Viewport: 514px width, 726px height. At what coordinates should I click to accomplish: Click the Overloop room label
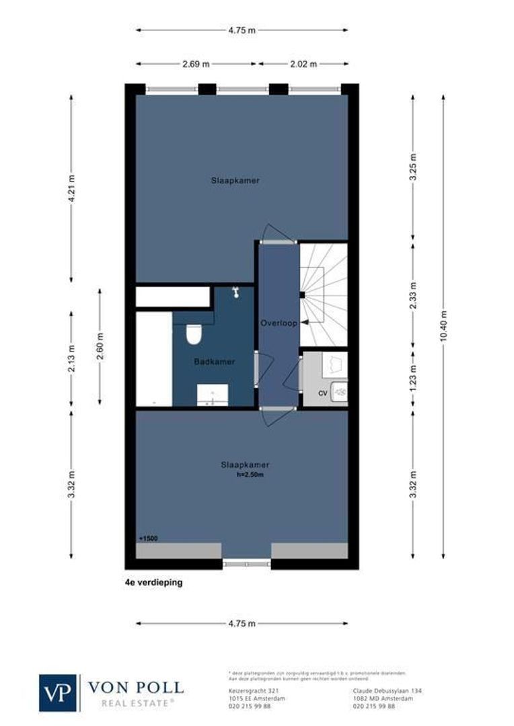pos(279,323)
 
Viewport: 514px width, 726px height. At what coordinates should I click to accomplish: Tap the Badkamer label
pos(215,362)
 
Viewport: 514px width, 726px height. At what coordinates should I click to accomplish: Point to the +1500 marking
pos(148,538)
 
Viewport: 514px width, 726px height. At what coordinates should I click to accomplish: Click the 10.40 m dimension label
pos(443,327)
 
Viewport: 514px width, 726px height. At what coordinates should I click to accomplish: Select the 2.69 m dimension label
pos(196,64)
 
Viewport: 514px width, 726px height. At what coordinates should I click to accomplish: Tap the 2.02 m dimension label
pos(303,64)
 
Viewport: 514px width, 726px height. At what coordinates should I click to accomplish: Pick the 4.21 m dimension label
pos(72,189)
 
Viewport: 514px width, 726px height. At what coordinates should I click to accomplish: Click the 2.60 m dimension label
pos(100,347)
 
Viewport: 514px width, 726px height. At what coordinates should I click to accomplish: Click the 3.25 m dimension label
pos(413,169)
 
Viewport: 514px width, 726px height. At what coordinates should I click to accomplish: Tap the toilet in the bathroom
pos(194,333)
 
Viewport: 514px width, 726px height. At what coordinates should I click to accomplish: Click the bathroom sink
pos(213,395)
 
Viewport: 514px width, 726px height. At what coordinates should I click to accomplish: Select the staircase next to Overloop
pos(323,294)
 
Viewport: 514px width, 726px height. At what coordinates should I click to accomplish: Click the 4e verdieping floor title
pos(153,583)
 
